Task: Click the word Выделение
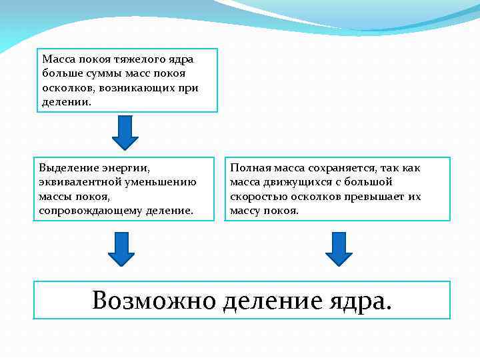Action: [x=68, y=168]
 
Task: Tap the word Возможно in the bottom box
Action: [x=154, y=301]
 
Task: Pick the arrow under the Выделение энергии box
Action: [x=121, y=249]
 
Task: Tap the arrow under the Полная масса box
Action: [x=339, y=249]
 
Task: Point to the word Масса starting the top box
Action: [x=57, y=59]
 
